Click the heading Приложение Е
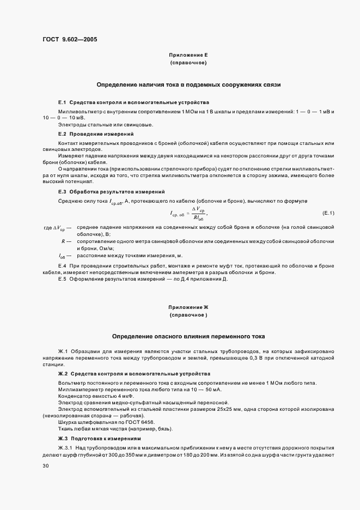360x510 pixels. (x=188, y=56)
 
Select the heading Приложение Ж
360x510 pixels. (x=188, y=307)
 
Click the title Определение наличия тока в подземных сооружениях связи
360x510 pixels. (x=188, y=85)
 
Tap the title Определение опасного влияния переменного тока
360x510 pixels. (x=188, y=336)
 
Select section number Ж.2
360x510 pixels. (x=63, y=374)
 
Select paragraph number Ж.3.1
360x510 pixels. (x=66, y=447)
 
